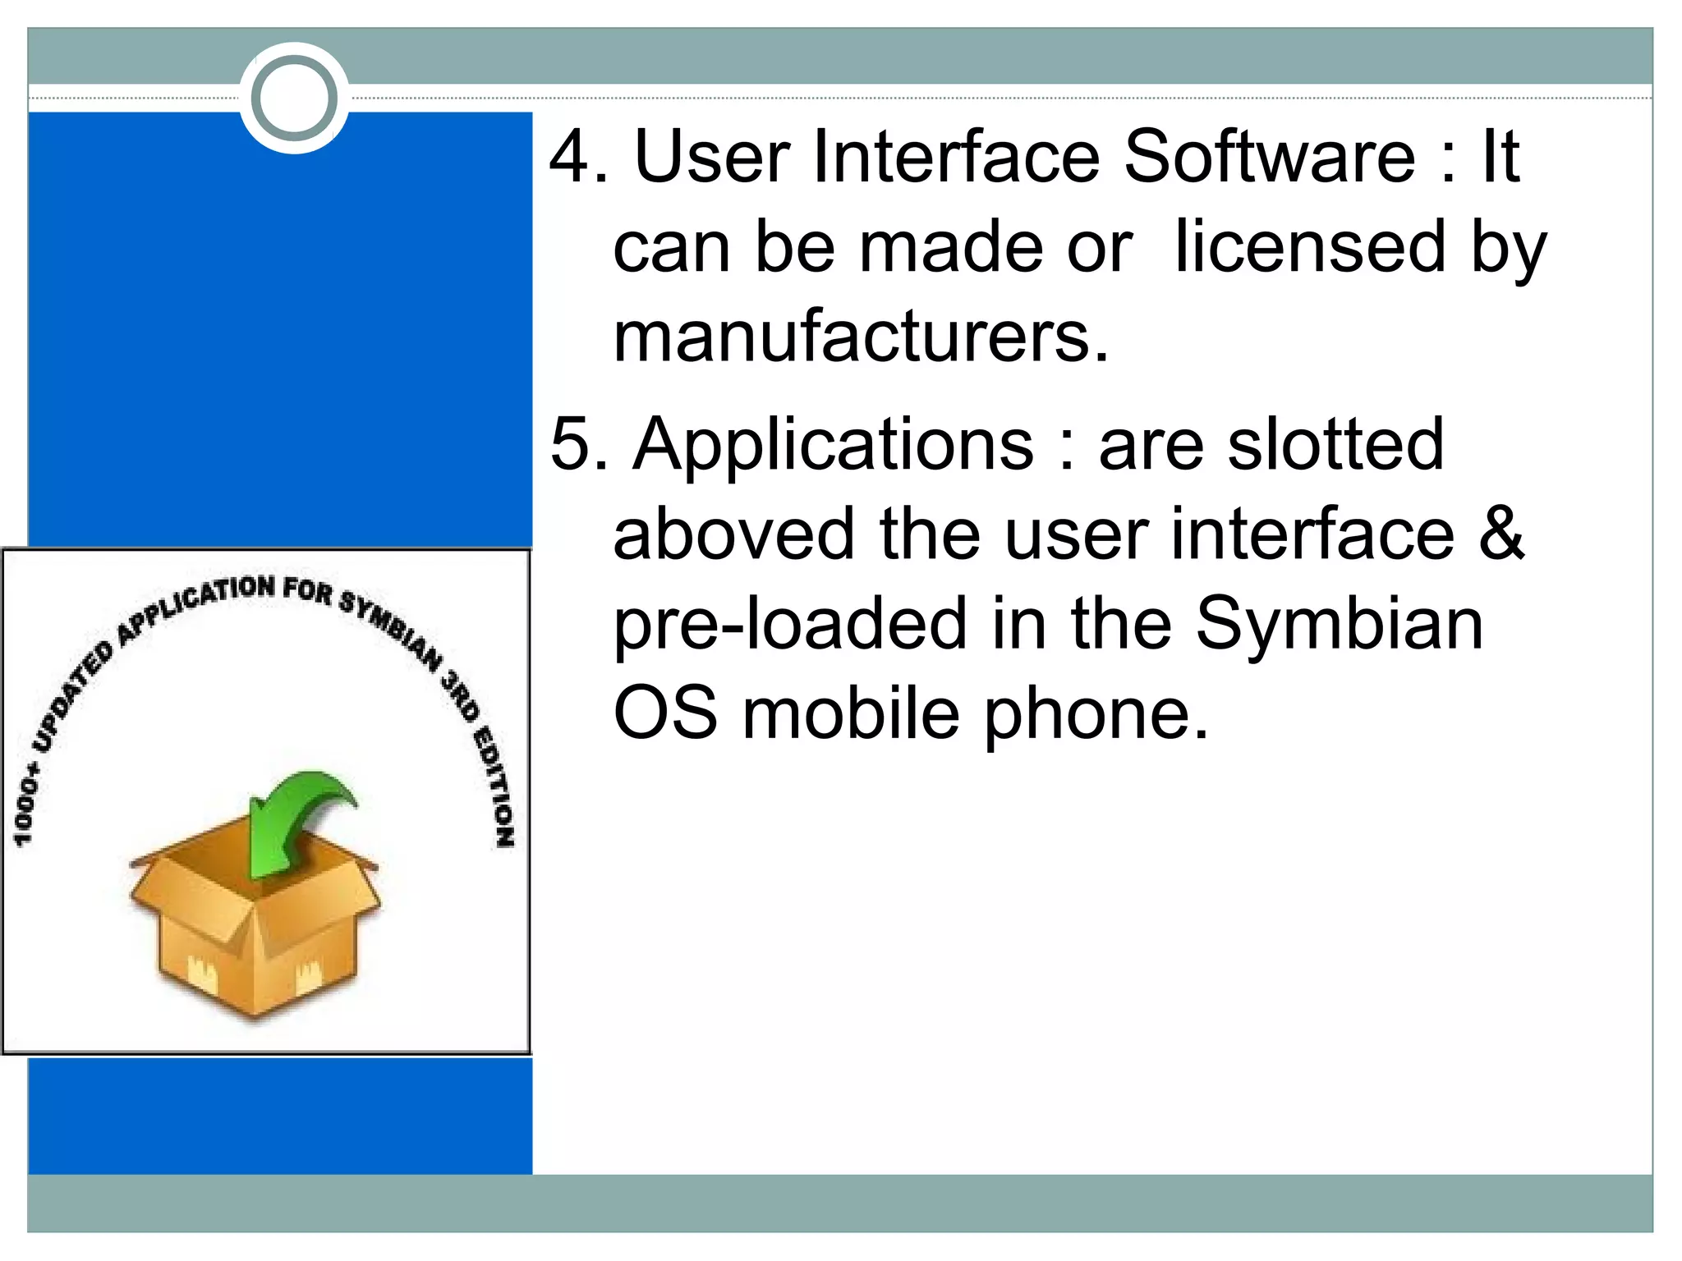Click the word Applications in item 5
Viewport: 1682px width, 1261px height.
tap(833, 444)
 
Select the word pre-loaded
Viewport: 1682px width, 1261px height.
tap(790, 624)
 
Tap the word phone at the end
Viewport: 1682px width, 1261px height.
tap(1096, 713)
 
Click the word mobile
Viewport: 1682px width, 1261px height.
tap(851, 713)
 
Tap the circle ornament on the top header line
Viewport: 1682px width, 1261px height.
tap(294, 98)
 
